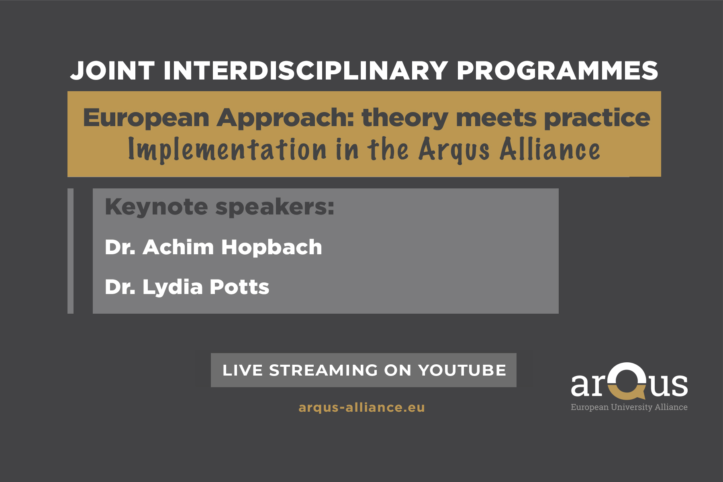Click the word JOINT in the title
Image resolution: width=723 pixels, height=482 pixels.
point(112,71)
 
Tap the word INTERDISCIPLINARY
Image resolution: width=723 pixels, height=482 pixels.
point(306,71)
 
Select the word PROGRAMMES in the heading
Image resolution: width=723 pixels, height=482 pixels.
point(557,71)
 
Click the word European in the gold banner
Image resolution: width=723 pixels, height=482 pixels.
point(146,118)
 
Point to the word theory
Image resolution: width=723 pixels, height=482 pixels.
point(405,118)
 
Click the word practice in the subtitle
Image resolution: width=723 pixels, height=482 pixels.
point(597,118)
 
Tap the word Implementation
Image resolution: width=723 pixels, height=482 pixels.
point(227,149)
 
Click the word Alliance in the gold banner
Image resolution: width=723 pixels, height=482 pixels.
point(550,149)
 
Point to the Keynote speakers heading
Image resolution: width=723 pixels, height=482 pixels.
point(219,207)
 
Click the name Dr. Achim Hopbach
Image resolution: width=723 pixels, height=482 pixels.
point(213,247)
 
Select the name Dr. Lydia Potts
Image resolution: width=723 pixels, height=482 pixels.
point(187,287)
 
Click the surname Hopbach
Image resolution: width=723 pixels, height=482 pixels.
point(272,247)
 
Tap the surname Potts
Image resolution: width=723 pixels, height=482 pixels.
point(239,287)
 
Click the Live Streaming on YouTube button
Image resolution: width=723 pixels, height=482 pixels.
point(364,370)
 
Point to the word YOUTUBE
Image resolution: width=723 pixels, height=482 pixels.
point(462,370)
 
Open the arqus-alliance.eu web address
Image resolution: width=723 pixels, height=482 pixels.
point(361,407)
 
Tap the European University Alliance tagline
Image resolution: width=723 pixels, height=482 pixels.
point(629,407)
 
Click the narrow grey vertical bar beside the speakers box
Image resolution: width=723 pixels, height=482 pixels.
point(70,251)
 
